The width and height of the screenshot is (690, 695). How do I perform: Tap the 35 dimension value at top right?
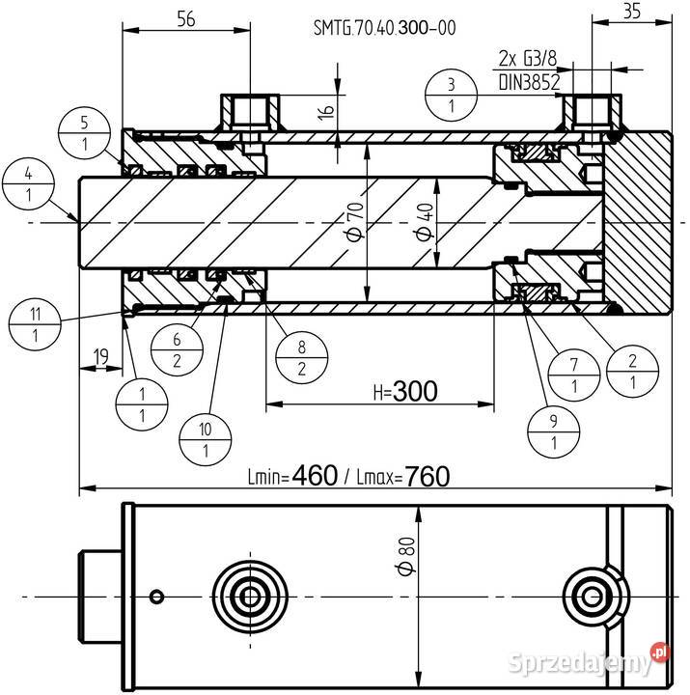click(631, 12)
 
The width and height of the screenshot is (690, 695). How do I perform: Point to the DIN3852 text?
click(530, 83)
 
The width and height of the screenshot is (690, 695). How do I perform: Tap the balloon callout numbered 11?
click(35, 325)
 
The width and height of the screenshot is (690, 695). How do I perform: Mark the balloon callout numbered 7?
click(574, 375)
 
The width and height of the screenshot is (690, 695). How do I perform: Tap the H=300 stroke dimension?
click(405, 391)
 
